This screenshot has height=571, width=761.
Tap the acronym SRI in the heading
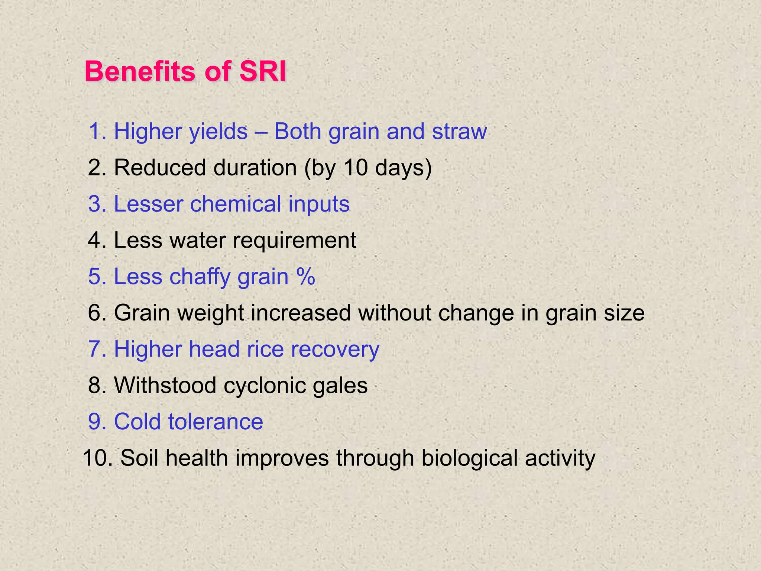pos(262,71)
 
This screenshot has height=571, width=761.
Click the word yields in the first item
pos(218,132)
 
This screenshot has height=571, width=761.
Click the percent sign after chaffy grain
pos(306,277)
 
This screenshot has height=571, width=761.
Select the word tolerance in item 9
pos(216,422)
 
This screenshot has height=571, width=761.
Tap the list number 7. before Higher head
pos(97,349)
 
